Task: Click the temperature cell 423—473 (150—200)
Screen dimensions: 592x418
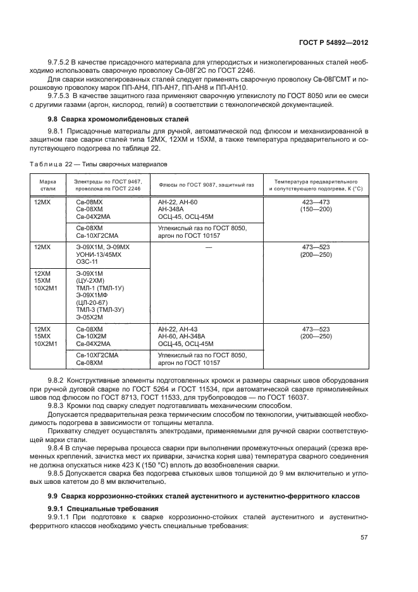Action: pyautogui.click(x=316, y=205)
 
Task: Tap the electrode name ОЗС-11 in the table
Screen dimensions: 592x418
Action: pyautogui.click(x=87, y=262)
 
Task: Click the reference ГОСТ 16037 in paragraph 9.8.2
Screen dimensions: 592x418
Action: pyautogui.click(x=288, y=397)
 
